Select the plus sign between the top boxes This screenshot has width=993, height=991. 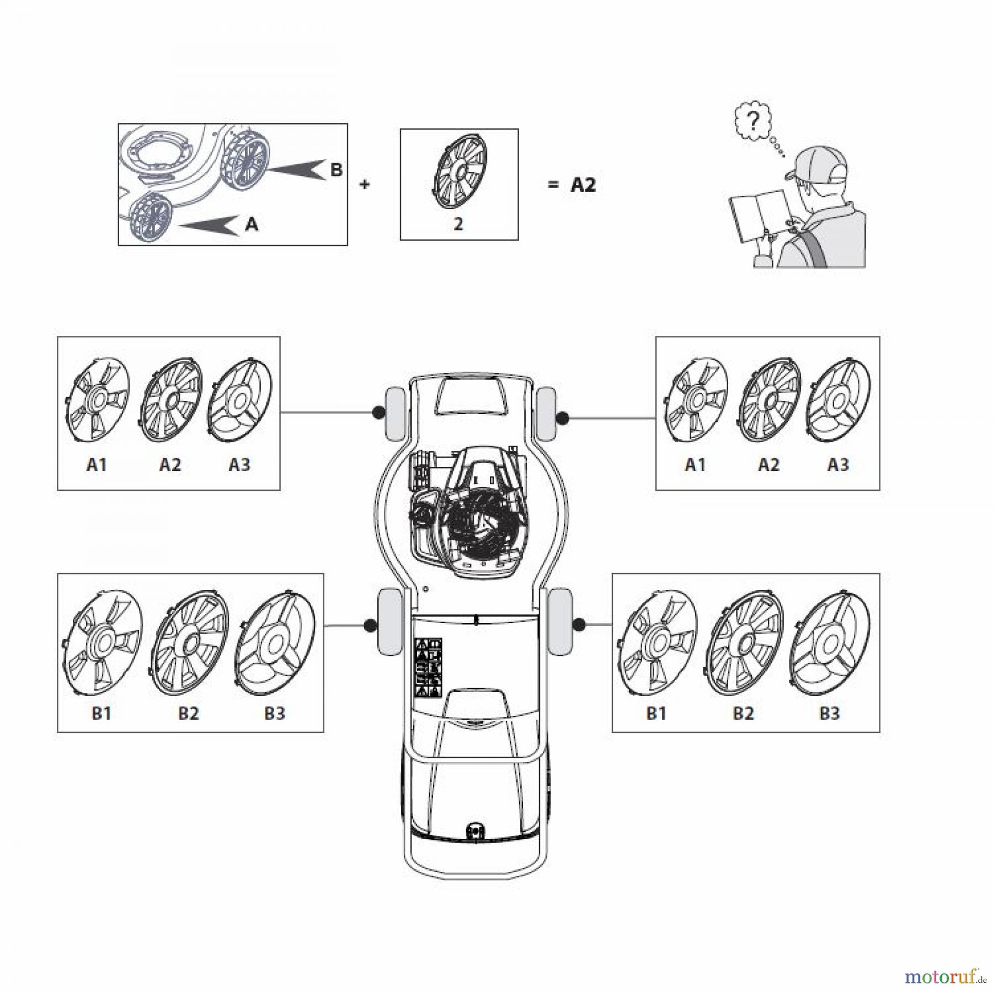point(365,185)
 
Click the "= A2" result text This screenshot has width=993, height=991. point(572,185)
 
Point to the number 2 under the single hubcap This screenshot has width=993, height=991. point(458,224)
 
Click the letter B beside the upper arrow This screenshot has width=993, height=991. point(336,170)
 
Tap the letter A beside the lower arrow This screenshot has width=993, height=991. point(252,224)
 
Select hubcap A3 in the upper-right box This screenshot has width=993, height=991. point(838,399)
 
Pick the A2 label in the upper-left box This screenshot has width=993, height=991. point(170,465)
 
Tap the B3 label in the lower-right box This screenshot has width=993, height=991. point(829,713)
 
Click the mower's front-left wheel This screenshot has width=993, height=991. point(393,414)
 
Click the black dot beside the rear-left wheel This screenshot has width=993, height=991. point(371,625)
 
